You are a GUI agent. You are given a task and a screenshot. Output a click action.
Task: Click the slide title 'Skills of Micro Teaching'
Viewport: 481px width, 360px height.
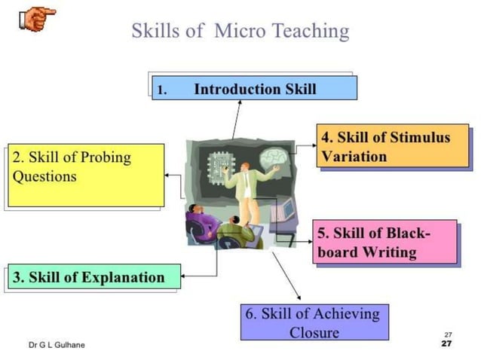point(240,31)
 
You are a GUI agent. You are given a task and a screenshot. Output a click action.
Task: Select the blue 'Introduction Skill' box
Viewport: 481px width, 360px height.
point(254,88)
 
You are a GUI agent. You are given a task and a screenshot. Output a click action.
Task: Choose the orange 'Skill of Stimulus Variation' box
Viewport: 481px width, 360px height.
point(392,147)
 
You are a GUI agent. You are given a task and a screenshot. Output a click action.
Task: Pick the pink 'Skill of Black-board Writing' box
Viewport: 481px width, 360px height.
point(385,241)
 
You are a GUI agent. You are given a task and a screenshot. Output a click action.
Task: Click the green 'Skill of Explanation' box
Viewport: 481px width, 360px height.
point(94,277)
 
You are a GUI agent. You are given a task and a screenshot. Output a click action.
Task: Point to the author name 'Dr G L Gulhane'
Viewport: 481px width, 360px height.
point(57,345)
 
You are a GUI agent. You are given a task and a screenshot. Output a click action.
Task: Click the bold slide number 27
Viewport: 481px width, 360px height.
point(447,343)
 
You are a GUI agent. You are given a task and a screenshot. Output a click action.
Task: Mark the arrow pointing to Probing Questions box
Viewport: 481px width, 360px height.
point(175,175)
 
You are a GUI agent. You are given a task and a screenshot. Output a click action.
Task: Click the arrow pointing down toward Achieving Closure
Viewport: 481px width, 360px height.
point(283,276)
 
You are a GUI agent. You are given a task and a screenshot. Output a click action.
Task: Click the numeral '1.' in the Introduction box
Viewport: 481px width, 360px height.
point(161,90)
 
